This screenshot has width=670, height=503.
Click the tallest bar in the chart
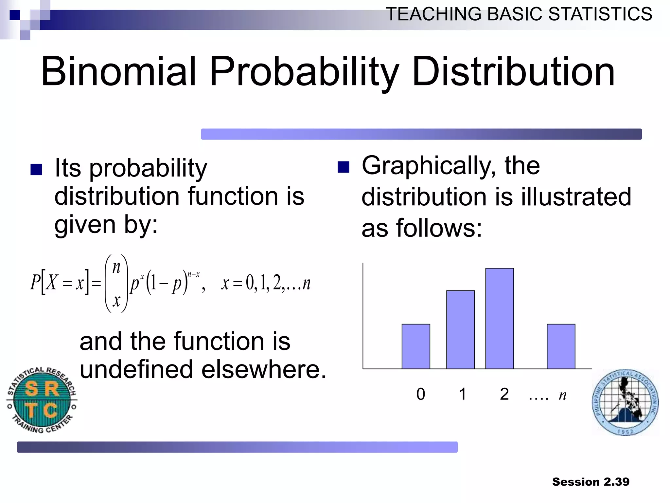(x=500, y=318)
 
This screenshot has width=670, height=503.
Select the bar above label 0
(x=416, y=346)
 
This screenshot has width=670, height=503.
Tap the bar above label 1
(x=460, y=329)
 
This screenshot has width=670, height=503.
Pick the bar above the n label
(x=561, y=346)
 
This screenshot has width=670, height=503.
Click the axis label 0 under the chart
(x=421, y=394)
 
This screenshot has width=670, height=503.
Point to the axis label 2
(x=504, y=394)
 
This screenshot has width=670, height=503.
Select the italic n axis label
(x=562, y=395)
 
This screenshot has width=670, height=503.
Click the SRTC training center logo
(x=42, y=400)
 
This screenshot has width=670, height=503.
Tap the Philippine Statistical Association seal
(x=625, y=402)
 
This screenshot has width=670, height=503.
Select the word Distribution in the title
(x=513, y=71)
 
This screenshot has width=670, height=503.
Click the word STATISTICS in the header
(x=600, y=14)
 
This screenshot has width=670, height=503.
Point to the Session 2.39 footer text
(x=591, y=482)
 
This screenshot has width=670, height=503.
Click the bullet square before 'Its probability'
(x=36, y=170)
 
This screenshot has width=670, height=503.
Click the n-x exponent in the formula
(x=193, y=274)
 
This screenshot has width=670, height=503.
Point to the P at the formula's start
(x=35, y=282)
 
